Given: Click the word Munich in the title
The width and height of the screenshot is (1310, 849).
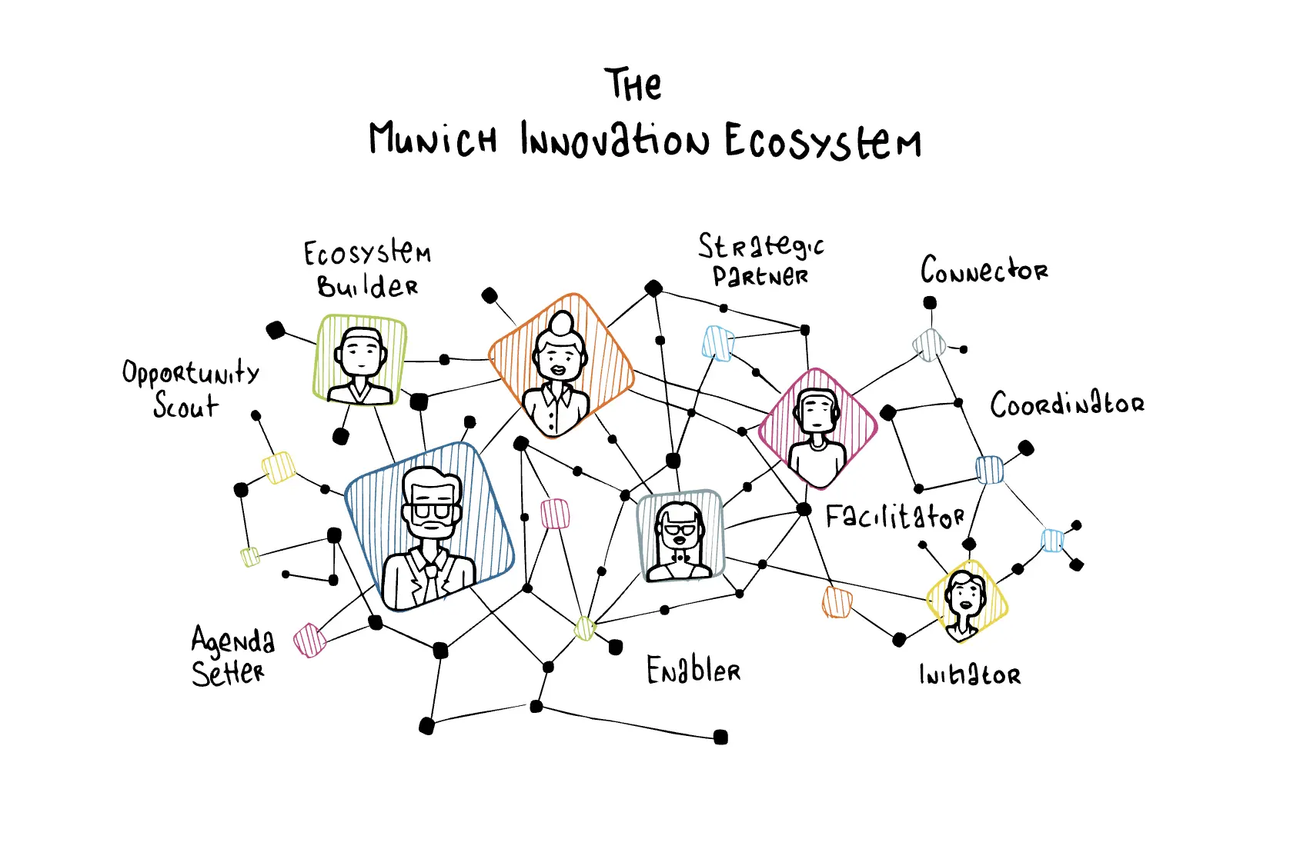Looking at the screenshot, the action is [433, 139].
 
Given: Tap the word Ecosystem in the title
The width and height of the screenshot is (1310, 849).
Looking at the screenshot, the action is [823, 141].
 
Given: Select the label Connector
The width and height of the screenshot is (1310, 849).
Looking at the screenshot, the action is [984, 270].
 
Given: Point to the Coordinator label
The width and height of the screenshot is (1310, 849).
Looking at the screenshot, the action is [1068, 405].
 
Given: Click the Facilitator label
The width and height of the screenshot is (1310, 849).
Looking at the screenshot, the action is [895, 516].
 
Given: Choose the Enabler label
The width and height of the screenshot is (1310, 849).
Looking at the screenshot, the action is [693, 670].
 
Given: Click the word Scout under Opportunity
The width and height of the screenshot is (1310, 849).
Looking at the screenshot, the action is [186, 405].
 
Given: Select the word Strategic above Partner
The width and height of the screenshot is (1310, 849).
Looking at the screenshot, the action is [761, 246].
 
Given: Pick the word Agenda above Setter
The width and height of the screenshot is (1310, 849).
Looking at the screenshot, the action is [232, 641].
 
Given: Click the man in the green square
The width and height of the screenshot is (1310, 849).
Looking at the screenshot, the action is [360, 366].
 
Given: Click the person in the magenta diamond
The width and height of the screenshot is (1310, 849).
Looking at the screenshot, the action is [817, 436].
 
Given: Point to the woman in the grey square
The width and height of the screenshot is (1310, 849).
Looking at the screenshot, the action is [679, 541].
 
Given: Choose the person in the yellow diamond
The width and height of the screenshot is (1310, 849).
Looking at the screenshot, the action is [965, 604].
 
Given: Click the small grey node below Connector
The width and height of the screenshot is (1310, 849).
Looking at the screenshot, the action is [929, 345].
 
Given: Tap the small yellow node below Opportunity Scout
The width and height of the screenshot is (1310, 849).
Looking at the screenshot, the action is [279, 468].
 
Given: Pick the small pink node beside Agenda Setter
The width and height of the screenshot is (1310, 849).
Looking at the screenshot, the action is [309, 641].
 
